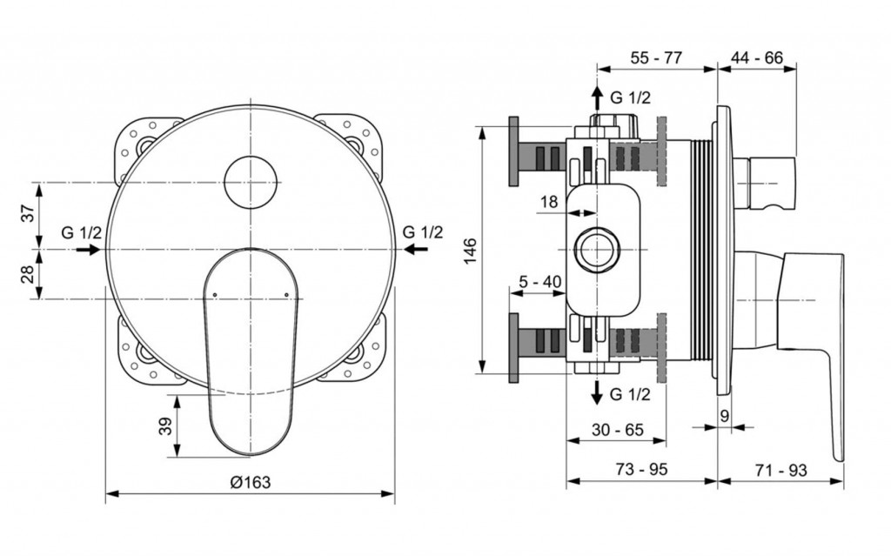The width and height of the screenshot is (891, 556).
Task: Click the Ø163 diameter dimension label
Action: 250,483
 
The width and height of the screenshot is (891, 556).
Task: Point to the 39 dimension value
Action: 164,426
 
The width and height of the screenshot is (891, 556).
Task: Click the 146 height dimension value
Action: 471,251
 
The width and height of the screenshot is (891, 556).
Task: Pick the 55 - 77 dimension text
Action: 656,58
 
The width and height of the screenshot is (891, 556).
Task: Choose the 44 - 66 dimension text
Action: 757,58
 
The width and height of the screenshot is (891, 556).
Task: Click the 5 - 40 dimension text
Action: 539,281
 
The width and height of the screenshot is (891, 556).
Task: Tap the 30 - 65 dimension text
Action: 618,430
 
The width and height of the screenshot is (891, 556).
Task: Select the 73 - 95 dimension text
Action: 641,470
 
